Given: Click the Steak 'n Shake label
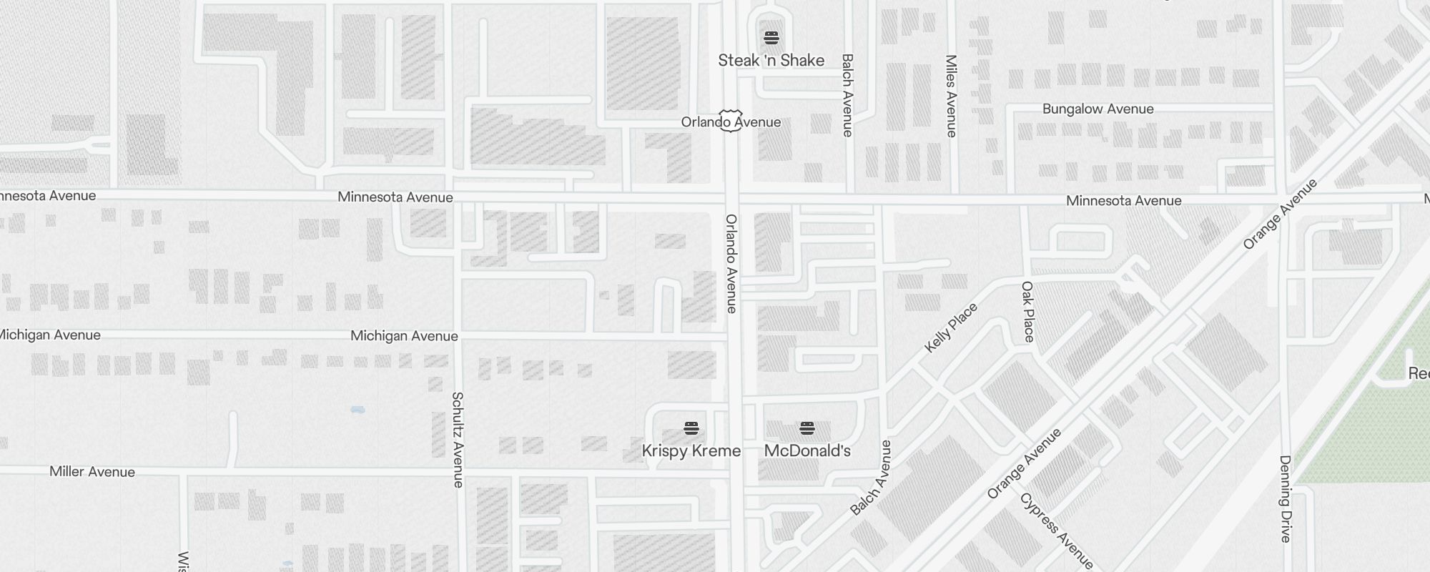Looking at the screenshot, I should [771, 60].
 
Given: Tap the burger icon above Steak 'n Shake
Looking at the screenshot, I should [771, 37].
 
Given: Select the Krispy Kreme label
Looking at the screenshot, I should [691, 450].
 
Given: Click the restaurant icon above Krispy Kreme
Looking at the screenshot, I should [691, 428].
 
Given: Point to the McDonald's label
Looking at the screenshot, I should [807, 450].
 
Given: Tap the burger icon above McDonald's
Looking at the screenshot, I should [807, 428].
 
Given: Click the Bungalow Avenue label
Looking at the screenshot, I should [1098, 109].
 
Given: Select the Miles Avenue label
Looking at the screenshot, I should [951, 96].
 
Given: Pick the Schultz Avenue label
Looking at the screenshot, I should [458, 440].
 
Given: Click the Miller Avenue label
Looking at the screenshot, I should [92, 471].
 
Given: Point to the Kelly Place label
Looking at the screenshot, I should [950, 328].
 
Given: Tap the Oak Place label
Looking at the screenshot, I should [1028, 312].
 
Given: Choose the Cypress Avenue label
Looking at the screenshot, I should [1056, 531].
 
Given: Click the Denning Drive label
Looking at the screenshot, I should [1285, 498].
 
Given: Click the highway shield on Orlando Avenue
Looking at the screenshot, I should [730, 120].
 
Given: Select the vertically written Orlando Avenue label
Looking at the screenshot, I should [731, 264].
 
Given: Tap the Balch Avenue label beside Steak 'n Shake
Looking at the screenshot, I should [847, 95].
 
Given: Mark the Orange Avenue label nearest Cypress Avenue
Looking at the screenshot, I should [1024, 463].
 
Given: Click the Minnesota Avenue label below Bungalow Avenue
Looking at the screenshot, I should [1123, 201].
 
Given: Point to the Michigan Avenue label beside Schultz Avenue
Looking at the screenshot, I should [404, 336].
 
